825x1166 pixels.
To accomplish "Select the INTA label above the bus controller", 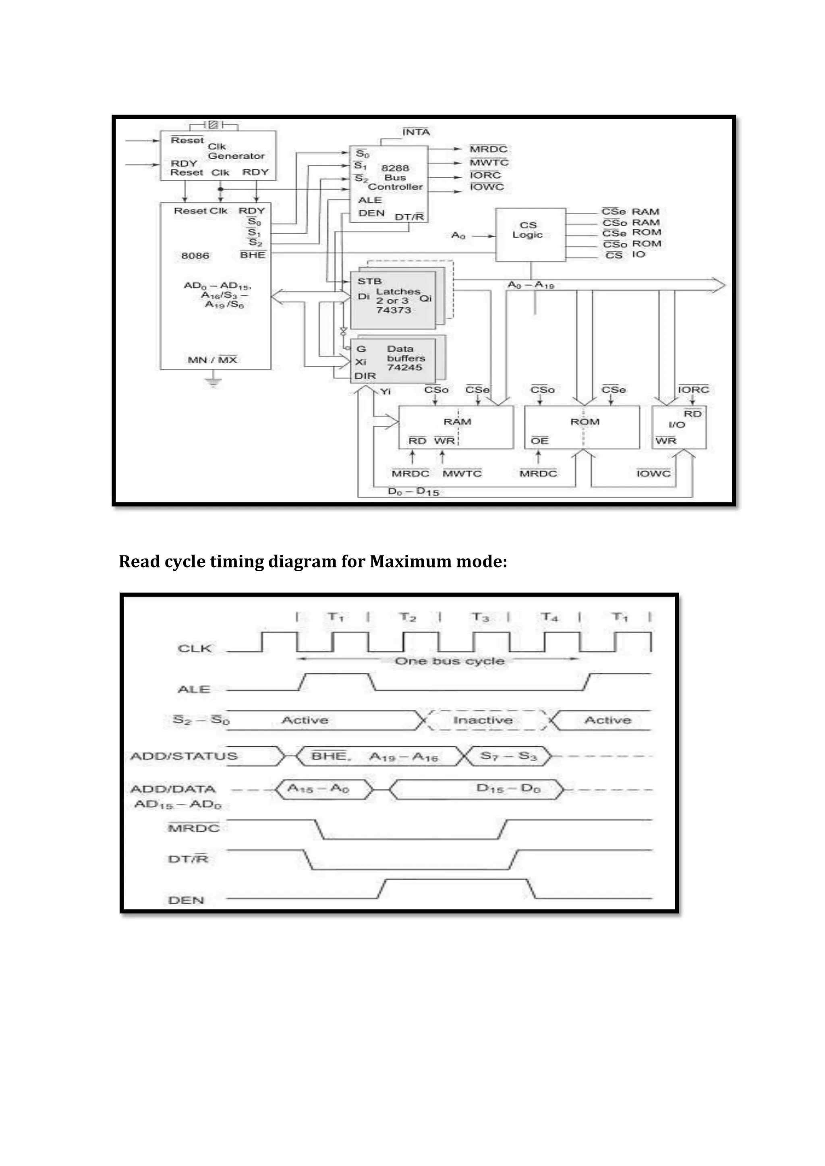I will pos(416,132).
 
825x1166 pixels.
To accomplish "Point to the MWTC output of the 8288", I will pos(489,162).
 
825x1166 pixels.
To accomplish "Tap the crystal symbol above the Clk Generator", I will pos(214,124).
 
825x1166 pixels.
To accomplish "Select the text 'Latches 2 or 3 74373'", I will pos(397,300).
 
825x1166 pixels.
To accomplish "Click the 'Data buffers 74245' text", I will pos(405,358).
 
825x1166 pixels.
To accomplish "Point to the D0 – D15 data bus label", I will pos(413,492).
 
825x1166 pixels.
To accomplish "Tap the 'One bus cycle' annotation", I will pos(450,661).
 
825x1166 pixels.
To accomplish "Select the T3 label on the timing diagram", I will pos(480,617).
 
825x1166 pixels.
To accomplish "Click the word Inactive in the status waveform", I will pos(483,720).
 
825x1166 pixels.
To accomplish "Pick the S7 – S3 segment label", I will pos(508,756).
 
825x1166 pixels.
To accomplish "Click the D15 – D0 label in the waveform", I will pos(508,789).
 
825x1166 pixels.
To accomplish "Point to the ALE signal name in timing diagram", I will pos(194,689).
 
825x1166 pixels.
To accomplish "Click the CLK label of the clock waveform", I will pos(195,648).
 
